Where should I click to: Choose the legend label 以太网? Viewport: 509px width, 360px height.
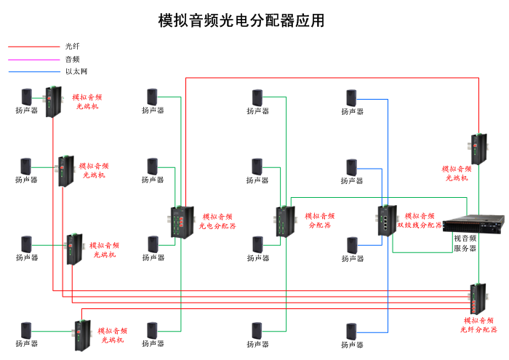[76, 71]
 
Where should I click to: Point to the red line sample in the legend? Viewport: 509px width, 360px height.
[33, 47]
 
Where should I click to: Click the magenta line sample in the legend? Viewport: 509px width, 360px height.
[33, 59]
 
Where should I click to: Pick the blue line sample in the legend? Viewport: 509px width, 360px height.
[33, 71]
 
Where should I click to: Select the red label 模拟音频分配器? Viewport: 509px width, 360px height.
[320, 220]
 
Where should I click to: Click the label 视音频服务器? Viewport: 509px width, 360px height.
[465, 243]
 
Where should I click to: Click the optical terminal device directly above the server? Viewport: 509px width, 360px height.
[478, 149]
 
